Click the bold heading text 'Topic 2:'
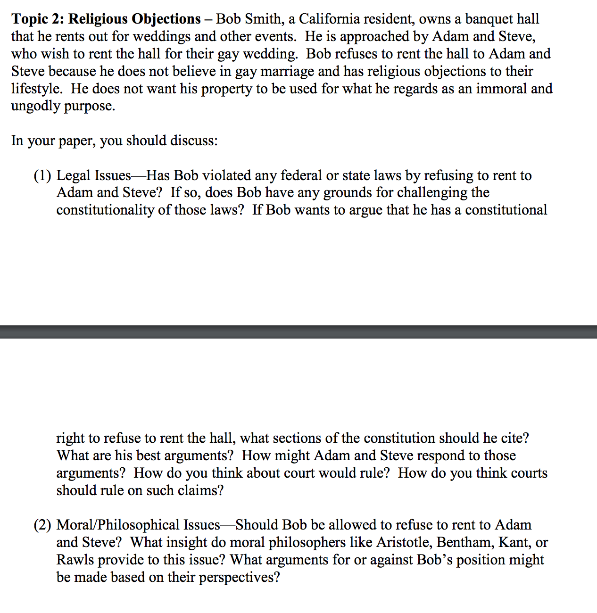pos(38,19)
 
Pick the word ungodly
pos(35,106)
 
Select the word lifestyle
pos(36,89)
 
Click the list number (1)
pos(42,175)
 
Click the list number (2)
pos(42,525)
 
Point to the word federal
pos(301,175)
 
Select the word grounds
pos(348,193)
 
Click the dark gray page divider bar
pos(298,331)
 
